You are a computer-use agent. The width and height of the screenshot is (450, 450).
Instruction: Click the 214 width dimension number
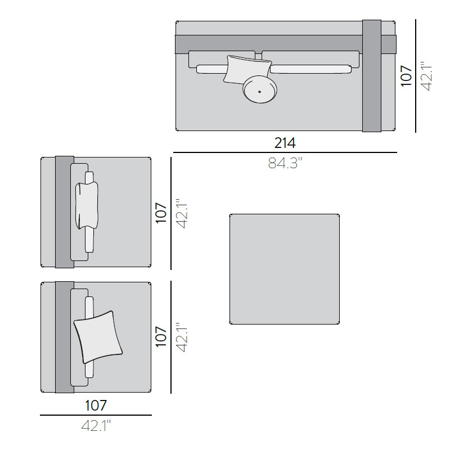(x=285, y=143)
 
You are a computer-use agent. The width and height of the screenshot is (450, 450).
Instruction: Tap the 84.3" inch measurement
(x=285, y=163)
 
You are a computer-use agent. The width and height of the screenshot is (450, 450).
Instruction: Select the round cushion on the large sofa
(x=260, y=89)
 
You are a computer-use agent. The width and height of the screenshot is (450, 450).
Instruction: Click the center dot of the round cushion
(x=259, y=92)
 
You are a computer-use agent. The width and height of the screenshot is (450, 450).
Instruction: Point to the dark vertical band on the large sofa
(x=372, y=76)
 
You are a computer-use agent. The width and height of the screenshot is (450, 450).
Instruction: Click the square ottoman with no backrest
(x=285, y=269)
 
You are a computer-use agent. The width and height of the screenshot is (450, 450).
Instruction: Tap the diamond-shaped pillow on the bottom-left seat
(x=98, y=337)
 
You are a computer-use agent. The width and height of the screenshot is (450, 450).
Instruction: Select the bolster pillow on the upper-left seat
(x=87, y=205)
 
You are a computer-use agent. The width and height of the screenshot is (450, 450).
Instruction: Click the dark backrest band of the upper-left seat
(x=65, y=212)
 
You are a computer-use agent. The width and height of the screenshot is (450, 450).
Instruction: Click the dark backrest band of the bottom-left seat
(x=65, y=337)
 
